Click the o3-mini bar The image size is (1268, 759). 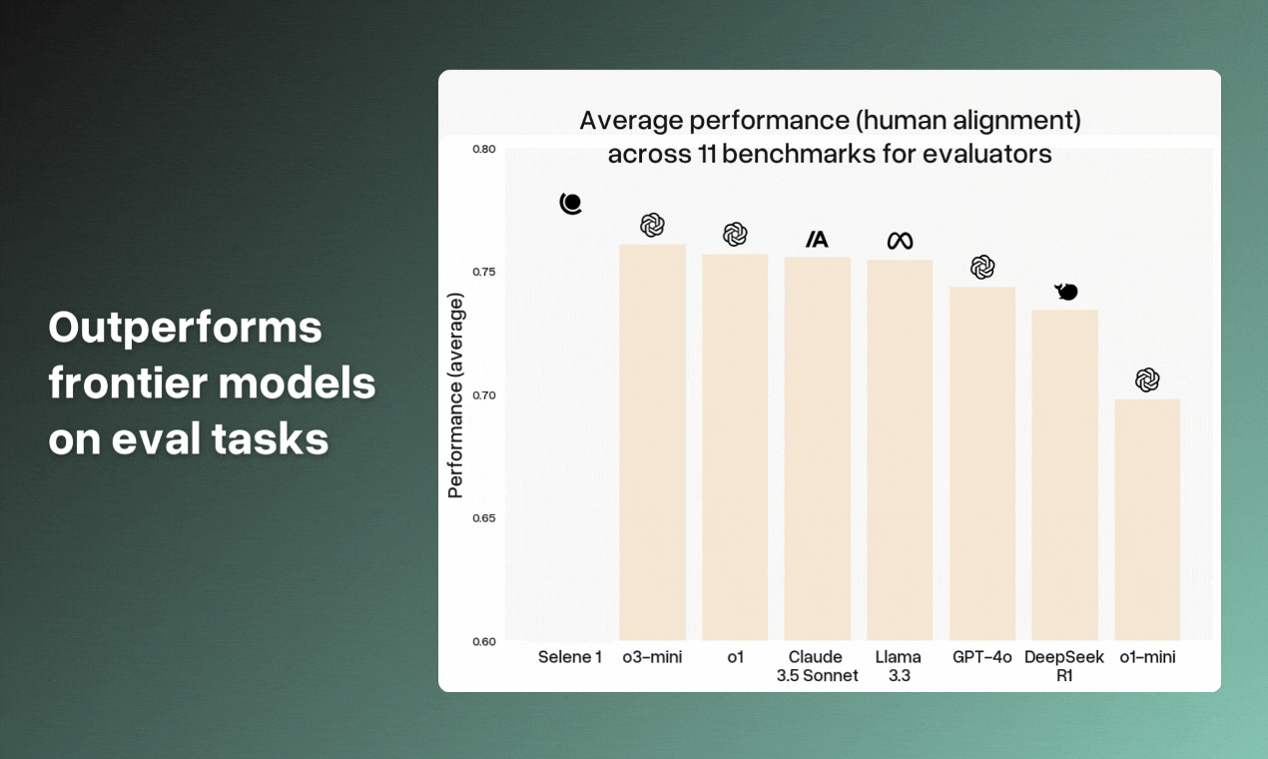click(652, 442)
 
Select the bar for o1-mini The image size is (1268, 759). click(1147, 520)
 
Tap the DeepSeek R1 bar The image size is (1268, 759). click(1064, 475)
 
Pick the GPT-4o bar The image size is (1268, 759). click(982, 464)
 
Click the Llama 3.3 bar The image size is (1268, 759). click(900, 450)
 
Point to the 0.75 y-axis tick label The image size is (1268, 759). click(484, 272)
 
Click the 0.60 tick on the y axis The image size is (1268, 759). click(484, 642)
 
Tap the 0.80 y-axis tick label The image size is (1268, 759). click(484, 149)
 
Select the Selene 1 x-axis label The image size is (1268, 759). click(569, 657)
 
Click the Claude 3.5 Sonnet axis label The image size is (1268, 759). click(817, 666)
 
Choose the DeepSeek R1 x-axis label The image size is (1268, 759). click(1064, 666)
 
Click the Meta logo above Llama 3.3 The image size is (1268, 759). click(900, 242)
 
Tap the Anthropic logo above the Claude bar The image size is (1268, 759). click(817, 240)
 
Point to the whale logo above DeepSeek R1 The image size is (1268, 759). click(1066, 292)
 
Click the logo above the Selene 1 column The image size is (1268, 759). click(571, 204)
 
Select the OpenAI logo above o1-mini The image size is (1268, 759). click(1147, 380)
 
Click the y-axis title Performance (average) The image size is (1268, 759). click(455, 395)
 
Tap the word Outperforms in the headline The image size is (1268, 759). click(185, 329)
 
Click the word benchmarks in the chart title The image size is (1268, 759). click(800, 154)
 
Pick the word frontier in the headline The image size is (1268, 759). click(129, 383)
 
